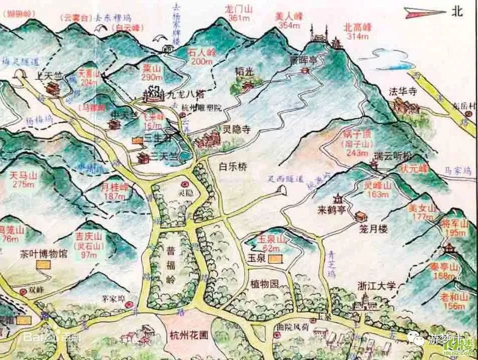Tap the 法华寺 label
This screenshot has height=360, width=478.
(403, 92)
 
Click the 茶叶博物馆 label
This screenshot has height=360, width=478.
(44, 253)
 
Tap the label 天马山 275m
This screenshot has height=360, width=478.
(24, 179)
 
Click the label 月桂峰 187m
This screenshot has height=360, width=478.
(114, 192)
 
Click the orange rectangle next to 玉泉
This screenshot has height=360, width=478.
(275, 259)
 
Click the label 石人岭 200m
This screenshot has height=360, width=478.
(202, 56)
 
